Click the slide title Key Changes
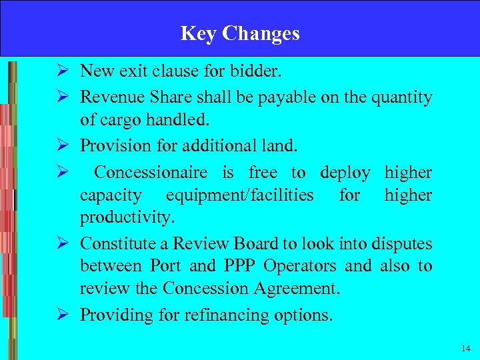pyautogui.click(x=240, y=33)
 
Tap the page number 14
pyautogui.click(x=465, y=349)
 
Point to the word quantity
pyautogui.click(x=402, y=97)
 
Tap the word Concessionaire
pyautogui.click(x=151, y=172)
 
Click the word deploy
pyautogui.click(x=345, y=172)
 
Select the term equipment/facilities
pyautogui.click(x=239, y=195)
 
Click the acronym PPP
pyautogui.click(x=239, y=266)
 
